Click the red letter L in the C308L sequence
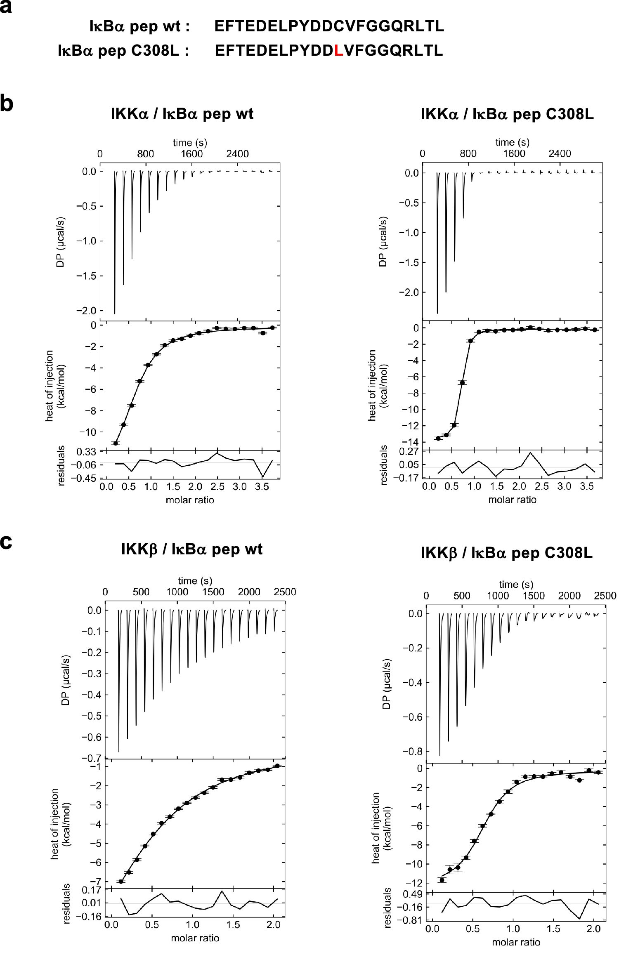click(339, 50)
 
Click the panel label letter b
click(6, 104)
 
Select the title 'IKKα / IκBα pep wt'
click(182, 113)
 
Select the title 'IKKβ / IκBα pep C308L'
click(506, 553)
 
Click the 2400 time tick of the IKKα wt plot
click(237, 154)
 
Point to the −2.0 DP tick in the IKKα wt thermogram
click(87, 311)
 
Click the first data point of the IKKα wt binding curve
click(116, 443)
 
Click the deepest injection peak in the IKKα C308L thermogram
click(437, 312)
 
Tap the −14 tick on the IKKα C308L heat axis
click(412, 442)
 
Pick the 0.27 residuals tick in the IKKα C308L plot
click(410, 452)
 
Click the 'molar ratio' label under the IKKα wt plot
click(190, 500)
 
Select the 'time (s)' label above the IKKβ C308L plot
click(516, 585)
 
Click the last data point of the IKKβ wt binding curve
click(277, 766)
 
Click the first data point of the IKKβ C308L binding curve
click(442, 880)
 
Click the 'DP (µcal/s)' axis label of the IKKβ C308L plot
click(386, 684)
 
